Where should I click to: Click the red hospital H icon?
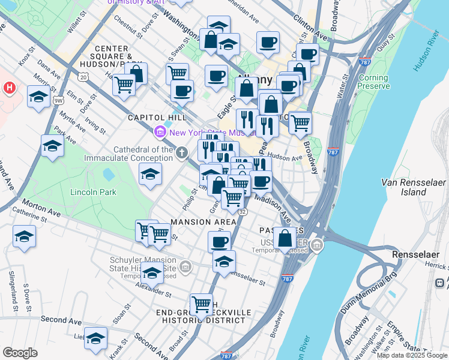click(8, 88)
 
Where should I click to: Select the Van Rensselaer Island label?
click(406, 187)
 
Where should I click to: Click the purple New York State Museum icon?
click(160, 131)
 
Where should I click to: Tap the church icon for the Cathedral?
click(182, 154)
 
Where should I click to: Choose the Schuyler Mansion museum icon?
click(185, 266)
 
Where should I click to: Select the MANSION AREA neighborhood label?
click(199, 222)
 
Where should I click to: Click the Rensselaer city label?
click(413, 255)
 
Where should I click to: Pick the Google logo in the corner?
click(20, 353)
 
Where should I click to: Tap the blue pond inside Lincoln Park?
click(109, 175)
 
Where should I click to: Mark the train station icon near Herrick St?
click(439, 283)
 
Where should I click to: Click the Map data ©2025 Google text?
click(411, 355)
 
